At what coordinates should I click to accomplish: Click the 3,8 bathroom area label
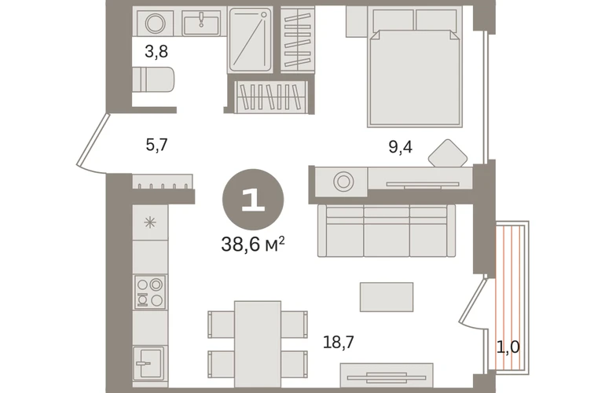coord(156,51)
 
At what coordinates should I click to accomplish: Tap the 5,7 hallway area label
coord(156,145)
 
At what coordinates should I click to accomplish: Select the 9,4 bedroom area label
coord(400,147)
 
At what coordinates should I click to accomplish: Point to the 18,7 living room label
coord(339,342)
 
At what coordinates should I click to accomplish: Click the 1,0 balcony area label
coord(508,347)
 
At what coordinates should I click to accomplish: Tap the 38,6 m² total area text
coord(253,244)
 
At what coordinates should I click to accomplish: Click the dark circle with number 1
coord(253,200)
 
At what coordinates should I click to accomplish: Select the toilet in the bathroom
coord(153,79)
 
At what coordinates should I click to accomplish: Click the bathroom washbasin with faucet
coord(201,23)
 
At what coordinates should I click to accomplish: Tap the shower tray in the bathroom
coord(250,39)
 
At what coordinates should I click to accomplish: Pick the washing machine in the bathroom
coord(155,23)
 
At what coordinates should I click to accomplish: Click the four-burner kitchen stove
coord(150,292)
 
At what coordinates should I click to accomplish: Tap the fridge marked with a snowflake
coord(150,222)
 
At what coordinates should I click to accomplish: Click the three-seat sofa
coord(387,231)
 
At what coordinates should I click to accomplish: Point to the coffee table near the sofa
coord(387,297)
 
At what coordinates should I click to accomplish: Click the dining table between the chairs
coord(258,344)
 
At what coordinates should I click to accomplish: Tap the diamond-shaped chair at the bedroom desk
coord(448,153)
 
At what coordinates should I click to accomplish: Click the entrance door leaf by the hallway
coord(93,140)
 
